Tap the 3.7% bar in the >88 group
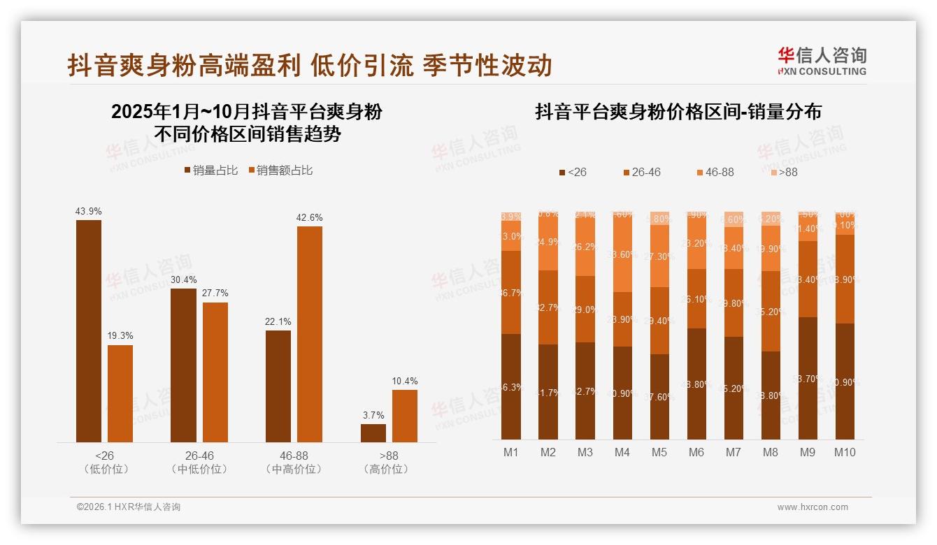click(x=373, y=433)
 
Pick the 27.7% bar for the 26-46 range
click(x=215, y=372)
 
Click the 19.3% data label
click(x=120, y=335)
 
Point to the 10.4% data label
click(x=405, y=381)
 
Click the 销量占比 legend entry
click(x=211, y=170)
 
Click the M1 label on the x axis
click(x=511, y=452)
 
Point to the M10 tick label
click(x=845, y=452)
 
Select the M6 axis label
click(x=696, y=452)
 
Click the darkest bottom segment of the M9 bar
click(x=808, y=378)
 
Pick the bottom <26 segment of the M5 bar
click(x=659, y=396)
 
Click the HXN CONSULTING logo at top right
click(x=822, y=61)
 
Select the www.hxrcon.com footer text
click(x=813, y=507)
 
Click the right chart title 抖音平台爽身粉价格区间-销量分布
click(x=678, y=112)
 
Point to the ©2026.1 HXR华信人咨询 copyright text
click(x=129, y=507)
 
